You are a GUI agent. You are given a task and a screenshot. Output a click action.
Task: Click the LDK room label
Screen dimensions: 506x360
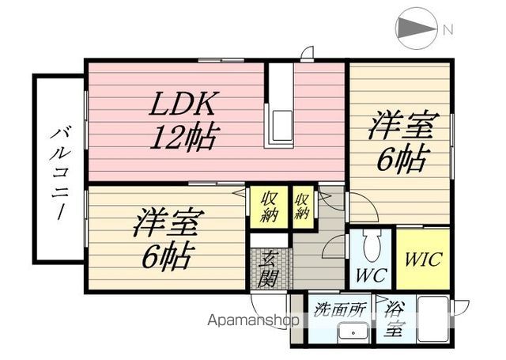[x=183, y=104]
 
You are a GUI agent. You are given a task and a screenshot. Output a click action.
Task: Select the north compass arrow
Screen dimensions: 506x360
[x=416, y=28]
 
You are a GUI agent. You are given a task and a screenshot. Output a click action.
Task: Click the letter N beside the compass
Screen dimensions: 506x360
[x=448, y=30]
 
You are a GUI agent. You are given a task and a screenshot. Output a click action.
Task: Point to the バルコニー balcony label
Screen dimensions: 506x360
[x=61, y=173]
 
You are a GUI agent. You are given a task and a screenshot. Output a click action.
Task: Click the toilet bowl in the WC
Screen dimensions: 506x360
[x=371, y=244]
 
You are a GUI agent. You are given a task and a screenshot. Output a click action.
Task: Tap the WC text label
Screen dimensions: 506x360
[x=371, y=275]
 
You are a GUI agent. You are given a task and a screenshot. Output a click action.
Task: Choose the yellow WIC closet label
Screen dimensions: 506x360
[x=423, y=259]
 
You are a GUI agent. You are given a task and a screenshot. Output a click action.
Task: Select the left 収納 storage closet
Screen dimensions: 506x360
[x=270, y=207]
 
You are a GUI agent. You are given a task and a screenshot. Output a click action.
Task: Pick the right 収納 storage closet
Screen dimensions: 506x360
[x=302, y=206]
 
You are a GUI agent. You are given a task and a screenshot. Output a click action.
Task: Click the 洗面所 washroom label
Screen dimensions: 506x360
[x=339, y=309]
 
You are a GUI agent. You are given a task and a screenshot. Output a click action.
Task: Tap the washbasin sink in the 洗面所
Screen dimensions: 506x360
[x=353, y=332]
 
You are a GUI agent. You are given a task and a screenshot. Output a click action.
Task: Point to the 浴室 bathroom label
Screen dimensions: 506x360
[x=394, y=319]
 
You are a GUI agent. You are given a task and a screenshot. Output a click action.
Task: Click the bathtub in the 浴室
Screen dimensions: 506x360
[x=432, y=320]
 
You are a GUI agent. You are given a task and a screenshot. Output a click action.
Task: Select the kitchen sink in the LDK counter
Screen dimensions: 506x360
[x=283, y=126]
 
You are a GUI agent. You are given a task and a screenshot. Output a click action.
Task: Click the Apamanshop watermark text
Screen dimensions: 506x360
[x=253, y=320]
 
